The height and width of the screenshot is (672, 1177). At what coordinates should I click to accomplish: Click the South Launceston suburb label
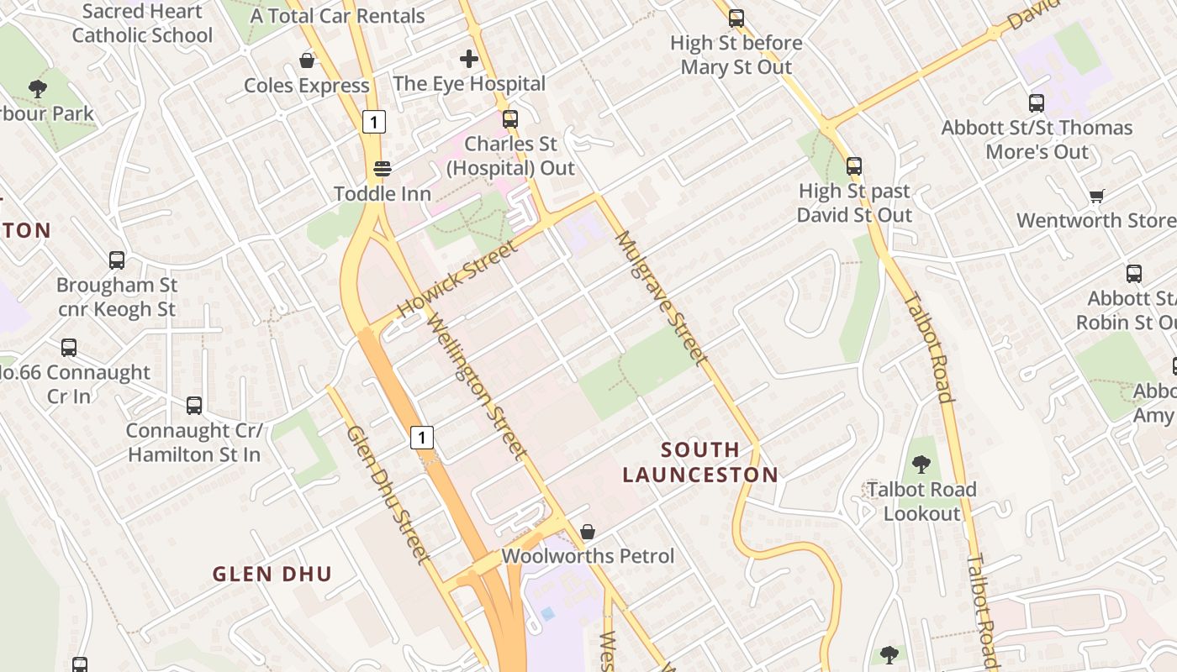pos(700,462)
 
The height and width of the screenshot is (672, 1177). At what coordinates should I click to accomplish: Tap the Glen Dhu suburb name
pos(272,575)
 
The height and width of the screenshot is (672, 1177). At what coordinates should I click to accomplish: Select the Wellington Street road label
pos(478,386)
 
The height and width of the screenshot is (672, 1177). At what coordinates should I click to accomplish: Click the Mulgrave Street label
pos(658,297)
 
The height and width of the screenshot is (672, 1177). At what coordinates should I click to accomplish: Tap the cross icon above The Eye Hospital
pos(469,59)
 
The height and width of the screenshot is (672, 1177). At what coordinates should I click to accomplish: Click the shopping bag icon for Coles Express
pos(307,60)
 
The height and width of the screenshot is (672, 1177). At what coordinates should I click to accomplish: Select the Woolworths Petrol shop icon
pos(588,532)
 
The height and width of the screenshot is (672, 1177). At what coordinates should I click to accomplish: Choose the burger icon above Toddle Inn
pos(383,168)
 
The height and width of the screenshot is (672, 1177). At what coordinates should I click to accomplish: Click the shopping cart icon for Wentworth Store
pos(1096,196)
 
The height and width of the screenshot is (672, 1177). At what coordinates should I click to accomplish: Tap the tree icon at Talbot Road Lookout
pos(921,464)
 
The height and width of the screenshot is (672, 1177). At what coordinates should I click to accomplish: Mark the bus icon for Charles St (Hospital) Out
pos(510,118)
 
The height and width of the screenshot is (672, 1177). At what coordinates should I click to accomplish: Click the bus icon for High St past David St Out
pos(854,165)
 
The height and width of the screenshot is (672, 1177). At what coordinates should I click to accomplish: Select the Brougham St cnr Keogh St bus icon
pos(117,260)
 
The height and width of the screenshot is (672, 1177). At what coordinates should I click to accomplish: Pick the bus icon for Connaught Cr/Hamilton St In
pos(194,406)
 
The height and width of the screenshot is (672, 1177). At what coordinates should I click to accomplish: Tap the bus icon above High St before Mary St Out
pos(736,18)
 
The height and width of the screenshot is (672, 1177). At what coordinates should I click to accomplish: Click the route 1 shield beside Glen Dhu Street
pos(422,437)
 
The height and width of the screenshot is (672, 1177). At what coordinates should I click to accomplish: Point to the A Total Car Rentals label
pos(337,15)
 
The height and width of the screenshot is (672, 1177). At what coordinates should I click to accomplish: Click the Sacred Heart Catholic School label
pos(142,24)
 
